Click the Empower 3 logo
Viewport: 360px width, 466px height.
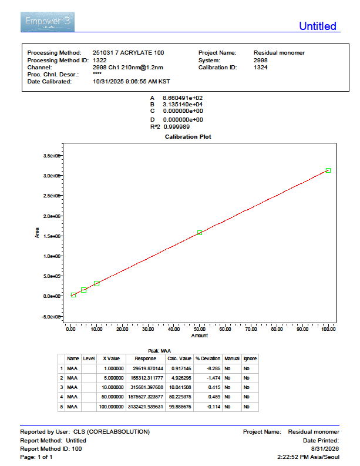(48, 22)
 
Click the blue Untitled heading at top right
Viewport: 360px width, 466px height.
(318, 26)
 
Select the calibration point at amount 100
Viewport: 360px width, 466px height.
(328, 170)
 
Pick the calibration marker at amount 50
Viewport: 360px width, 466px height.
(200, 233)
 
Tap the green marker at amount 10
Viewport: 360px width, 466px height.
(96, 283)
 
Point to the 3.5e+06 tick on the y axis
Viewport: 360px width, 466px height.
(52, 156)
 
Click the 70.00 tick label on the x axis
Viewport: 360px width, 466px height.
(251, 329)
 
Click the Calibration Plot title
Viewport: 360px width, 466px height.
(188, 137)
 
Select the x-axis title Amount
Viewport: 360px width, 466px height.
(200, 336)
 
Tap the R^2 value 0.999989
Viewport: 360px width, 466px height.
(177, 127)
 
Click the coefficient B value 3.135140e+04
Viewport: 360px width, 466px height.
(183, 105)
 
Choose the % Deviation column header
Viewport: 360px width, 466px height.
(208, 358)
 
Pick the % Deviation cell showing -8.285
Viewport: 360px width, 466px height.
(214, 368)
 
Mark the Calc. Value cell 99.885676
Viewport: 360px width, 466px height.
(180, 407)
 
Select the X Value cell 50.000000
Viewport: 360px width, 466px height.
(113, 397)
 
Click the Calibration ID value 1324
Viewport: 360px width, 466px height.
(261, 68)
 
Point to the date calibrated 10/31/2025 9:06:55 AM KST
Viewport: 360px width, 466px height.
(132, 82)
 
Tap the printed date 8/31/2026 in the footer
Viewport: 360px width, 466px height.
(325, 449)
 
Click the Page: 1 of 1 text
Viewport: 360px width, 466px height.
(36, 457)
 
